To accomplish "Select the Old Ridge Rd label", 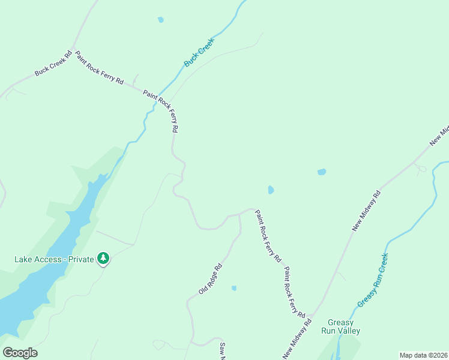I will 211,278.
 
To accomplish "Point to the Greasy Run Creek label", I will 373,280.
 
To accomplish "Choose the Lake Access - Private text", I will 54,259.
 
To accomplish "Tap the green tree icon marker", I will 104,259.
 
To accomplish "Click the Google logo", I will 20,353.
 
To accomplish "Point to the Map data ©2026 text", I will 423,355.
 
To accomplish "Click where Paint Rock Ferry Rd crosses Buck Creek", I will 158,102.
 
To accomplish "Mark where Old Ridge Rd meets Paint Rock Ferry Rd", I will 239,214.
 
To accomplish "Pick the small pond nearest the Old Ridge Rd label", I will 234,288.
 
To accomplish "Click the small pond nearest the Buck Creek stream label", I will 160,20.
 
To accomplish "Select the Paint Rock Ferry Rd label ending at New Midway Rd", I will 295,292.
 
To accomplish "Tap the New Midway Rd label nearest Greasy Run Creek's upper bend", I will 366,211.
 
